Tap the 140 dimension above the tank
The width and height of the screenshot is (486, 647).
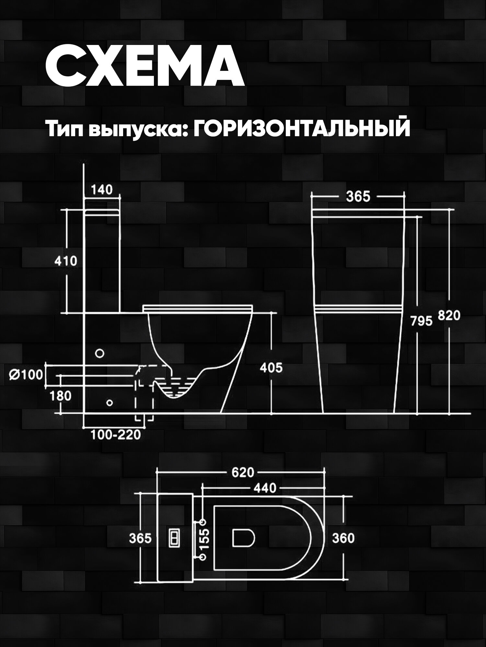[x=102, y=190]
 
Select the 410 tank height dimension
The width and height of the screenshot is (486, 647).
[x=66, y=261]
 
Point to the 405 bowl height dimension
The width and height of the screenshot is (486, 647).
[x=271, y=368]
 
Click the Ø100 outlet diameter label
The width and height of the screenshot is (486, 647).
[x=26, y=375]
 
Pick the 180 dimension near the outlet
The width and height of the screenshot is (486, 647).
[x=61, y=396]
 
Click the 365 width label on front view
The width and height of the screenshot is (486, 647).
[x=358, y=197]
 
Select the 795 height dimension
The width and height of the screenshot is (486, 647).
[x=421, y=321]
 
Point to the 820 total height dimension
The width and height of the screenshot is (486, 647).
[x=449, y=315]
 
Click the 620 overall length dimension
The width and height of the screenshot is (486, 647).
[x=243, y=473]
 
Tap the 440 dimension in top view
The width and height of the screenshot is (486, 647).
[x=265, y=488]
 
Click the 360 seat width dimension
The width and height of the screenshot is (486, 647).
[x=343, y=538]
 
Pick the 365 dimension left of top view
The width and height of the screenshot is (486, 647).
[x=140, y=538]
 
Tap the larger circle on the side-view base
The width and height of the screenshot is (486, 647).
[x=100, y=353]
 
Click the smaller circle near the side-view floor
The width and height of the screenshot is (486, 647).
[x=110, y=403]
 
